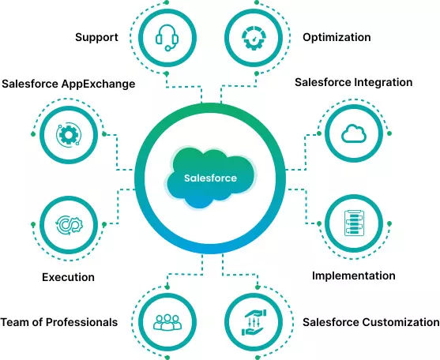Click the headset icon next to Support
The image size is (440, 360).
[167, 37]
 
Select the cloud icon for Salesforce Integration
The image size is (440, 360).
[352, 135]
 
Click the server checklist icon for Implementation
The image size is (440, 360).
[352, 223]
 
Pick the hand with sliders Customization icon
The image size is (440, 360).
[254, 322]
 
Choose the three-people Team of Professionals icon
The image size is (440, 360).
[167, 322]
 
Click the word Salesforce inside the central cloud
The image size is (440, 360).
[210, 178]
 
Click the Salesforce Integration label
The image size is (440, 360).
[353, 82]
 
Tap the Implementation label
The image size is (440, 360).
[353, 276]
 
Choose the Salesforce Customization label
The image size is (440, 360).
[370, 322]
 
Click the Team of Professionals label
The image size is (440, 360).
[59, 322]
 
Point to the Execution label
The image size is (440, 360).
[68, 277]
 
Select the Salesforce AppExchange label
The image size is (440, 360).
[68, 83]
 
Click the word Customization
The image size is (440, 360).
[401, 322]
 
